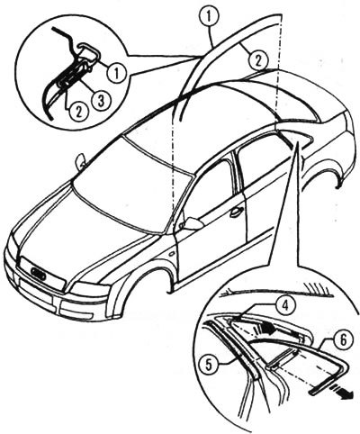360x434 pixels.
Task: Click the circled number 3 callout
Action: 101,100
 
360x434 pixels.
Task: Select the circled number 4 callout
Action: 285,305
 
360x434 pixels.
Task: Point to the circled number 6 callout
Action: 343,340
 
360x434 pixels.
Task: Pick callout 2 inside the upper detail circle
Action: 78,112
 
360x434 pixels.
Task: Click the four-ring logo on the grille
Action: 38,273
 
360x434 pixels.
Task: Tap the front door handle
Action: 236,212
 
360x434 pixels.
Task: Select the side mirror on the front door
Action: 190,223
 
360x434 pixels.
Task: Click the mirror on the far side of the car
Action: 80,162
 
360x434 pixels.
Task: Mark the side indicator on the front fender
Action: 172,254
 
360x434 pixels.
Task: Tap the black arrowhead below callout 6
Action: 344,393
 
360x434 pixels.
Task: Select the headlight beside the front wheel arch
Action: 90,290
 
